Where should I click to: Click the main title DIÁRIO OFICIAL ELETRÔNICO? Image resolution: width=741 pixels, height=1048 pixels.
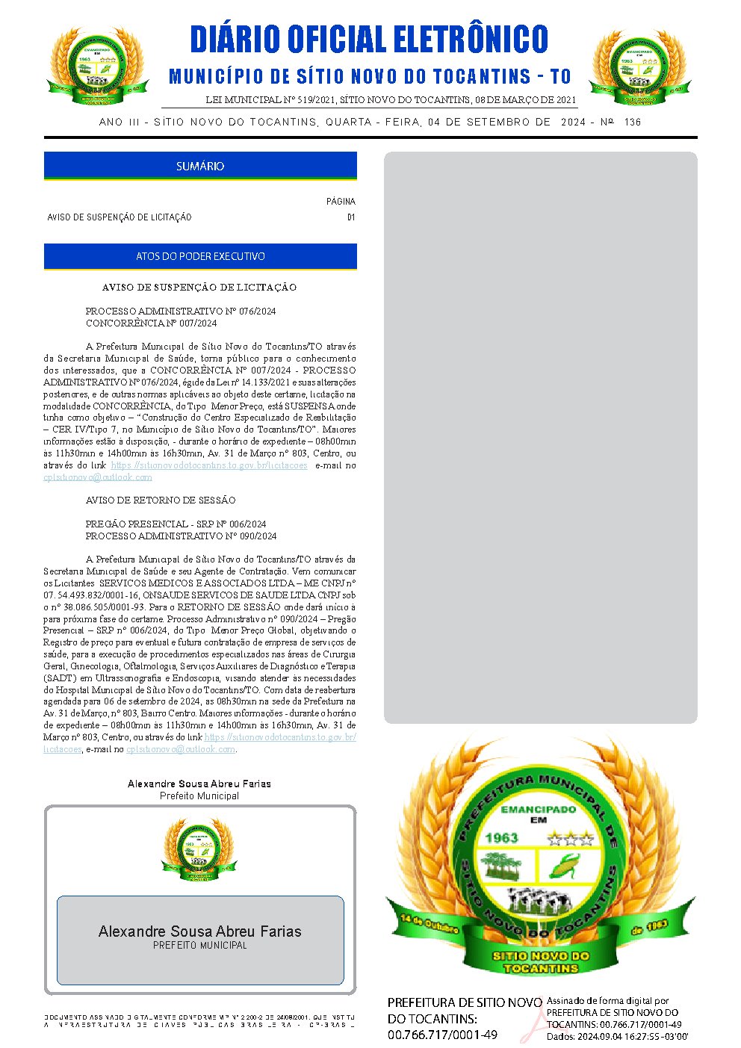point(369,40)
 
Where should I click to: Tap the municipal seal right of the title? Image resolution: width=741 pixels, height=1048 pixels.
point(636,67)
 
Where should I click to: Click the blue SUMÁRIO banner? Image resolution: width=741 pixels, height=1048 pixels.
point(200,166)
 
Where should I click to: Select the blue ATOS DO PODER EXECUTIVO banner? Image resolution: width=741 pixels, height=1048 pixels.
point(200,256)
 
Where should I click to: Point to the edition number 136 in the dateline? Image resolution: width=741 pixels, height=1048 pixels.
point(632,122)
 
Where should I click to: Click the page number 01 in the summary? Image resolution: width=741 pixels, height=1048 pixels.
point(351,217)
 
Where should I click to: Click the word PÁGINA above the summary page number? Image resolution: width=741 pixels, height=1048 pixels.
point(341,202)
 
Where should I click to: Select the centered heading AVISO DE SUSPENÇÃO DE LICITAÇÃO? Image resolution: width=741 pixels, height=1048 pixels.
point(199,287)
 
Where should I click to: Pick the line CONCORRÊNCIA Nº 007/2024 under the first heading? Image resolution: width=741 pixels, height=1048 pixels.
point(152,323)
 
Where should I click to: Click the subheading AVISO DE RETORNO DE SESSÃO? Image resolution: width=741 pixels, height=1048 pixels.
point(161,500)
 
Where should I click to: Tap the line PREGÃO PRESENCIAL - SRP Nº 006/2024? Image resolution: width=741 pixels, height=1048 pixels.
point(176,524)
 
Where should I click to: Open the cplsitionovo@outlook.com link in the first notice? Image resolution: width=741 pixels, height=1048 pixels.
point(98,477)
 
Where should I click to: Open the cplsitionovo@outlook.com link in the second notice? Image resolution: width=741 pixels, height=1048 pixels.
point(181,749)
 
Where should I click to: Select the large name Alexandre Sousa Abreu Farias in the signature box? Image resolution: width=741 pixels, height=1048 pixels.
point(200,931)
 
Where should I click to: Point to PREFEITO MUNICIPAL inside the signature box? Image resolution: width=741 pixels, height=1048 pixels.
point(200,946)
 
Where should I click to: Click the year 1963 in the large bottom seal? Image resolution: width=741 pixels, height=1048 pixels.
point(501,837)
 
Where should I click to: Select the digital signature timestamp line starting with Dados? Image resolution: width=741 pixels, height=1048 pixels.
point(617,1037)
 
